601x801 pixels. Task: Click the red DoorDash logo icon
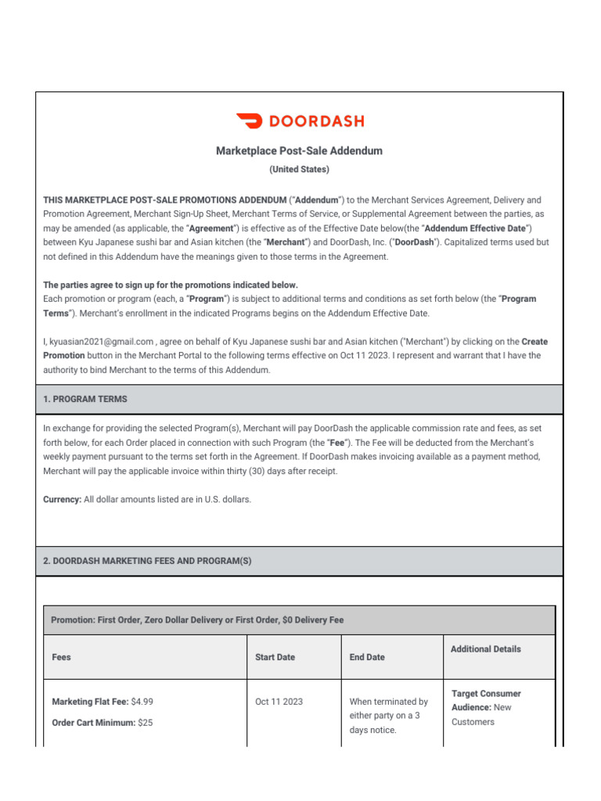(250, 121)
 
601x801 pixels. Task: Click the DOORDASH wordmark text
(316, 121)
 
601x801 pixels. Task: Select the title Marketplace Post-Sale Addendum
(300, 151)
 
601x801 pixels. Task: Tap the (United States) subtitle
(300, 169)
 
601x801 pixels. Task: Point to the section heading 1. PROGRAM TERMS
(85, 399)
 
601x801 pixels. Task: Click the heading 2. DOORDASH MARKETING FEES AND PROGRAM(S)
(147, 561)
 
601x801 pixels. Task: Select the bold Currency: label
(62, 499)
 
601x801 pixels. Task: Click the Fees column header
(61, 657)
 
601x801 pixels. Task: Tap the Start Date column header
(275, 657)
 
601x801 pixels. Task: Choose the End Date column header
(367, 657)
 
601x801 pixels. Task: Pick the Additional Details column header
(486, 649)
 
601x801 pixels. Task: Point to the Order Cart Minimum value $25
(145, 723)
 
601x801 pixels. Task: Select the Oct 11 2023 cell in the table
(279, 702)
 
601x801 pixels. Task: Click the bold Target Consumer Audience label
(485, 700)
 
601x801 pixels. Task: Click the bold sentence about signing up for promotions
(171, 285)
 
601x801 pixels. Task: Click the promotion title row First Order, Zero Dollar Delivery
(197, 620)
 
